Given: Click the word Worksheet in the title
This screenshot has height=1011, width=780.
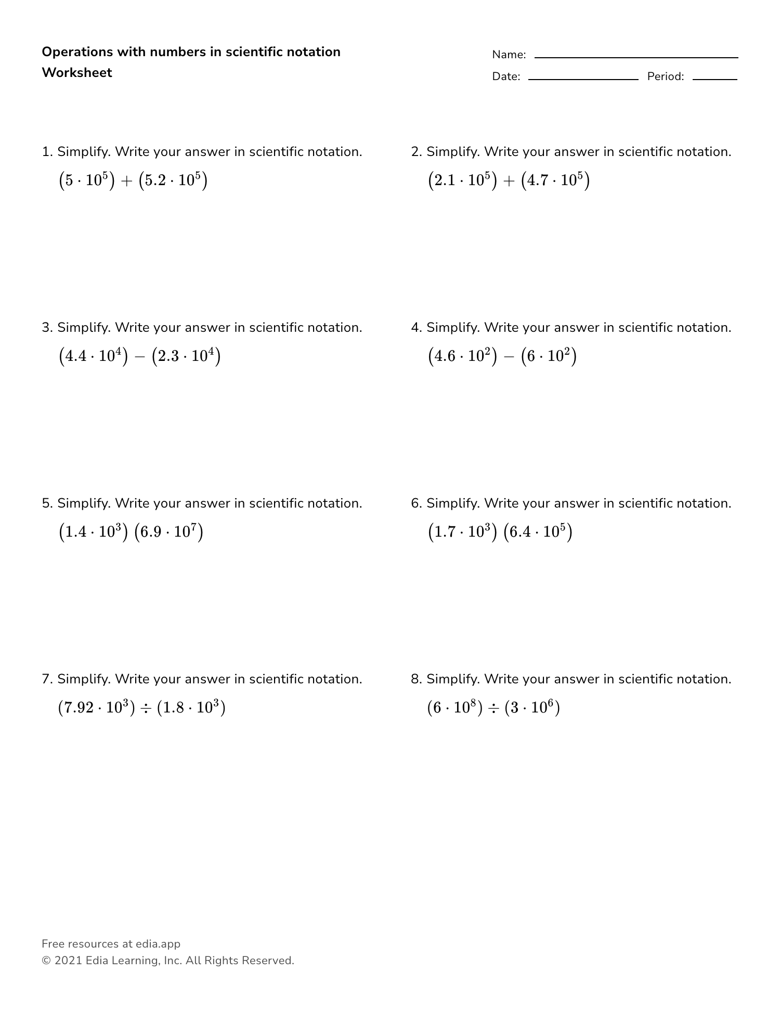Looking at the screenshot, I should (x=77, y=73).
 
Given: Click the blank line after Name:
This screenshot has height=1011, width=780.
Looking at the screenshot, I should (x=636, y=57).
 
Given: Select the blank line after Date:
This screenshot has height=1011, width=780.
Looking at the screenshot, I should (x=583, y=79).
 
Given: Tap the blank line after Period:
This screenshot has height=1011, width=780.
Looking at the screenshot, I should (x=714, y=79).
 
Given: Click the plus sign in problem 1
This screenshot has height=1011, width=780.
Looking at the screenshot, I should (x=126, y=181).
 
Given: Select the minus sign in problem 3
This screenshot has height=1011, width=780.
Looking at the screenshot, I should (x=139, y=357).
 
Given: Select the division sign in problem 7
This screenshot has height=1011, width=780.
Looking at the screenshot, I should (x=146, y=708).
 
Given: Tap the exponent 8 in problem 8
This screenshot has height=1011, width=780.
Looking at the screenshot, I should (x=473, y=703).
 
